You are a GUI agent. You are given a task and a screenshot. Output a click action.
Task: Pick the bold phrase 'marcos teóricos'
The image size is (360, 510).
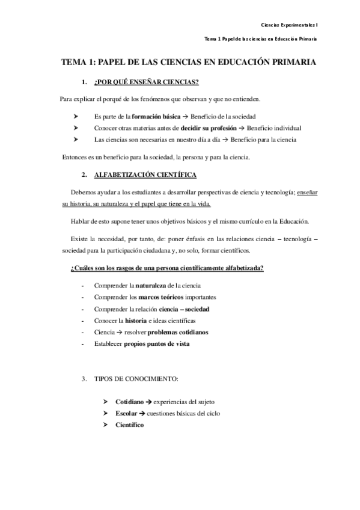[x=157, y=297]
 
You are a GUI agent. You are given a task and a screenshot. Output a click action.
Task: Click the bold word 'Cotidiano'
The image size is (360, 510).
[x=129, y=401]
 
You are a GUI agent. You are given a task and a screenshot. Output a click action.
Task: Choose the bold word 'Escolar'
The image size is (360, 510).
[x=126, y=413]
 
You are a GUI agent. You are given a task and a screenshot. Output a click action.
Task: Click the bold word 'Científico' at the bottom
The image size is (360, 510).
[x=130, y=425]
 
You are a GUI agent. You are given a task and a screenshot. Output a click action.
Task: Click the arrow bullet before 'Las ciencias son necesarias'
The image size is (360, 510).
[x=76, y=140]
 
